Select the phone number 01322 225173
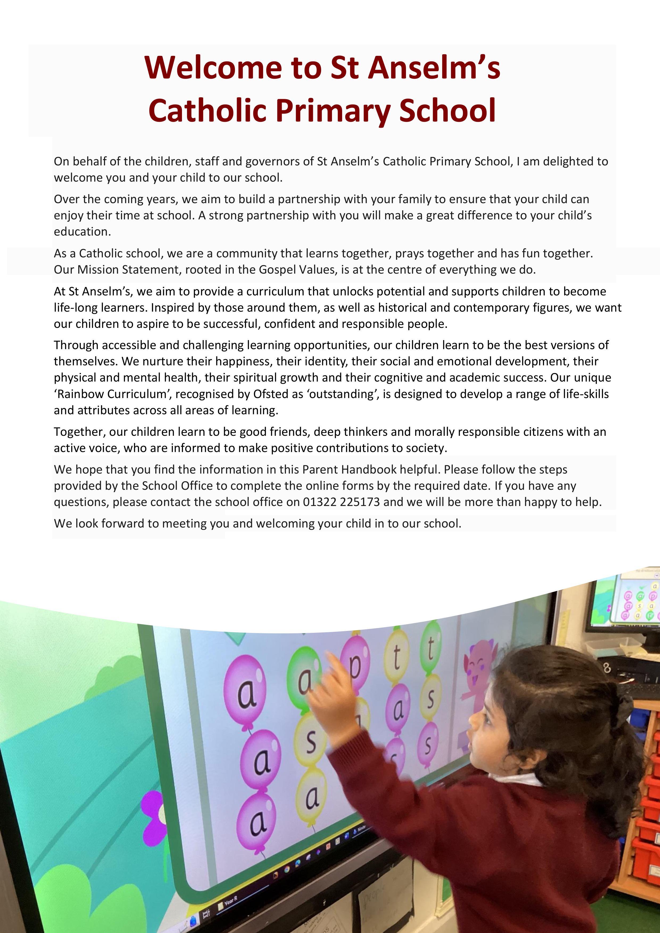[341, 502]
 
